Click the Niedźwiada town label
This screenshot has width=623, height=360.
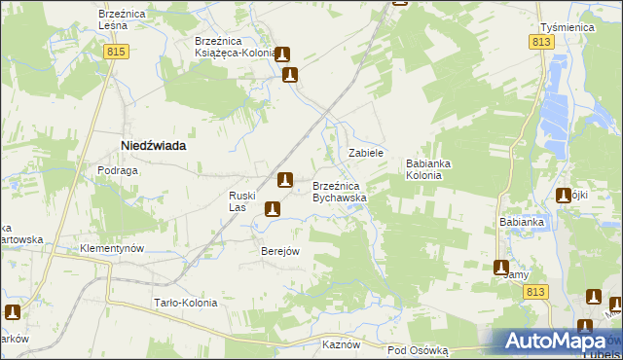coord(153,145)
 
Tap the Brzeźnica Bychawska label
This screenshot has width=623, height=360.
coord(339,191)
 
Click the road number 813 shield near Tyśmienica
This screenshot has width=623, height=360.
coord(543,44)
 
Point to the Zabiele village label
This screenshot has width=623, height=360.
coord(367,154)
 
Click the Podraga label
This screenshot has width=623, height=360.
coord(117,170)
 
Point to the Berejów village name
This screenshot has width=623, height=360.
coord(279,250)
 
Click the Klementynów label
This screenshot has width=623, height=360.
coord(113,248)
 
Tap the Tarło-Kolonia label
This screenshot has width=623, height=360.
coord(185,303)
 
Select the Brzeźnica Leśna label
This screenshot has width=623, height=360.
coord(122,21)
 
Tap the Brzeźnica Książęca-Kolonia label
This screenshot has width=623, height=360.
coord(234,48)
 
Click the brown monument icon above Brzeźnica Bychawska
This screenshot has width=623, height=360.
coord(284,179)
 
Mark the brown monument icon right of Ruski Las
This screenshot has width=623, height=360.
coord(273,208)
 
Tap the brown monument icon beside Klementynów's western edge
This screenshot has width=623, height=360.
coord(13,312)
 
